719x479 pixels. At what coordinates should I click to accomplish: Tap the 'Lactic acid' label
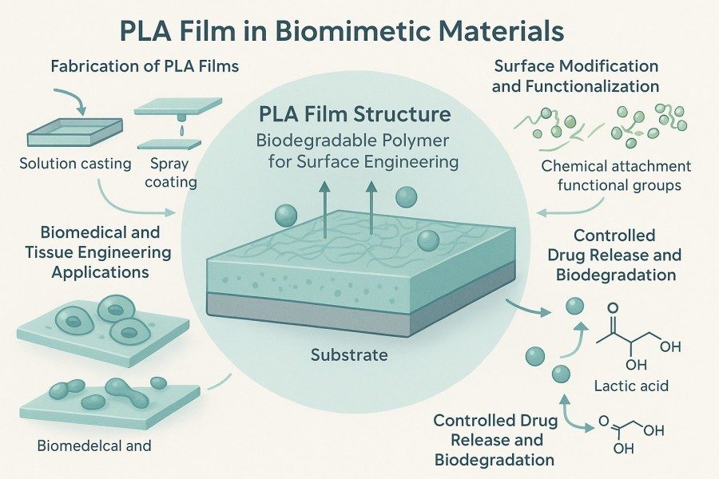tap(632, 386)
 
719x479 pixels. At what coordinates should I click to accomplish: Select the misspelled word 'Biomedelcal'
tap(70, 445)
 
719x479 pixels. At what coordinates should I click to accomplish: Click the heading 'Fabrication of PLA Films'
tap(145, 66)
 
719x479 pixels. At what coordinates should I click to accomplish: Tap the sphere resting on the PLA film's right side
tap(428, 239)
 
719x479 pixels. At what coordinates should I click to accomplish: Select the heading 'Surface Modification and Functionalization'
tap(575, 75)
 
